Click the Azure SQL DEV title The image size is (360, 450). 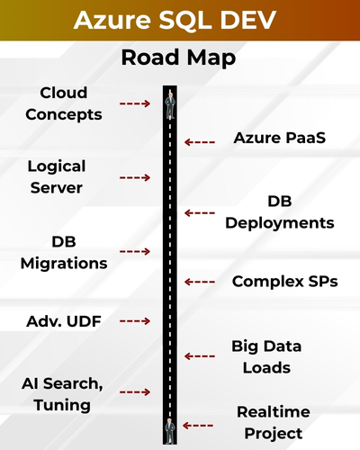tap(180, 21)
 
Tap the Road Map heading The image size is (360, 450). tap(179, 59)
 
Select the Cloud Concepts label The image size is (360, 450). tap(63, 103)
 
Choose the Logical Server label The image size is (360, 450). tap(56, 176)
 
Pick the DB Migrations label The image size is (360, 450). tap(63, 252)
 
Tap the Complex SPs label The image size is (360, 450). tap(284, 281)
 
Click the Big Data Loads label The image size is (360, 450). tap(266, 356)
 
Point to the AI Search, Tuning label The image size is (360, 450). tap(57, 394)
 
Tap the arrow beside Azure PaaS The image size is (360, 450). tap(200, 141)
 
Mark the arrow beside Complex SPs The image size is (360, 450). tap(200, 281)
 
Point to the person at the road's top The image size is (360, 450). tap(169, 105)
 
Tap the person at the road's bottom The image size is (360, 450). tap(169, 429)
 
